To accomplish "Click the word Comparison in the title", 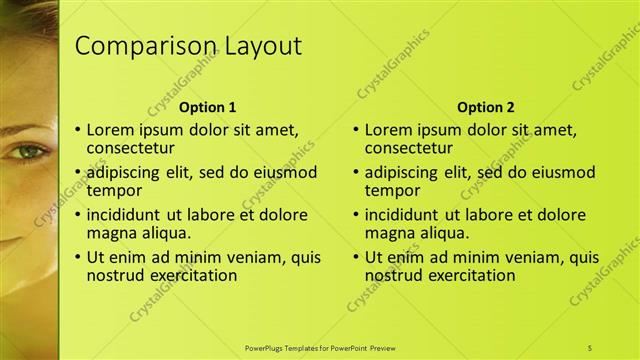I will point(134,47).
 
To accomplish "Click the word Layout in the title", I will point(254,47).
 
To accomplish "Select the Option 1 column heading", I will point(207,107).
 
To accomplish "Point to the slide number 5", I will point(590,347).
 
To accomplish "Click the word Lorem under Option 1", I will point(111,129).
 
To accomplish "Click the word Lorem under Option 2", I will point(389,129).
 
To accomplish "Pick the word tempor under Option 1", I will point(114,190).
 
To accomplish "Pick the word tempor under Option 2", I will point(391,190).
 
